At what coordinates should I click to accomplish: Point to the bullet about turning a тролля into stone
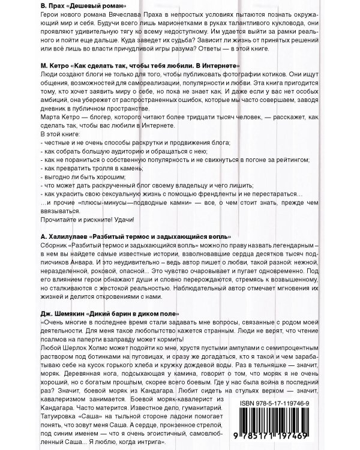tap(84, 169)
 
